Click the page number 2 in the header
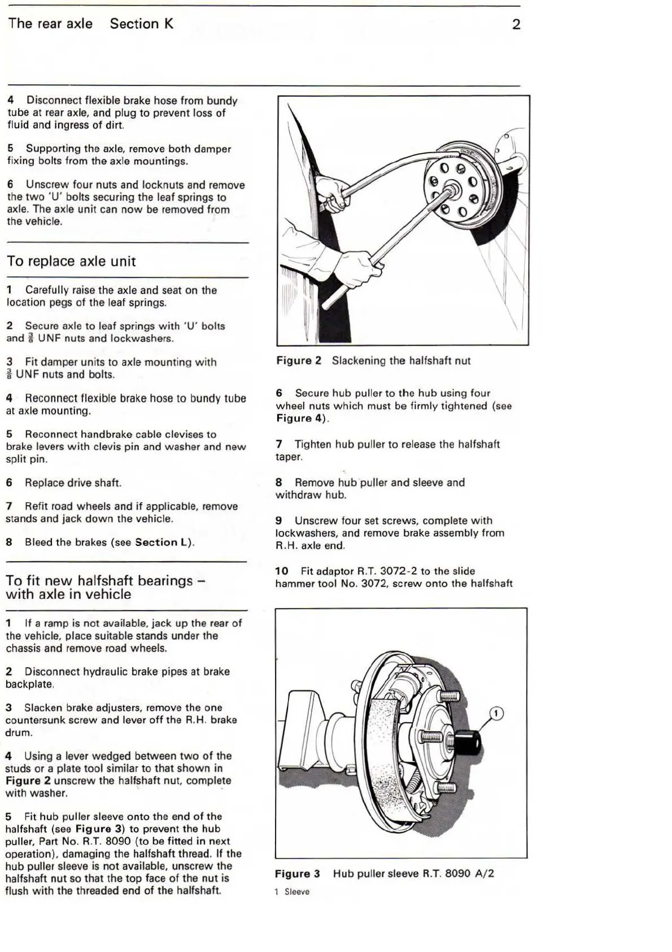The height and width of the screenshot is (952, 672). pos(516,24)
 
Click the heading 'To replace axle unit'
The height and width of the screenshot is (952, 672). pos(71,261)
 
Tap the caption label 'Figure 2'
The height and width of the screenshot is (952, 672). pos(299,360)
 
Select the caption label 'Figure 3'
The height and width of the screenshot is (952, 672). pos(297,873)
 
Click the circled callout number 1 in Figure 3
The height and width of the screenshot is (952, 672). pos(496,714)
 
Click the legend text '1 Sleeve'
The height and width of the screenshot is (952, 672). pos(292,892)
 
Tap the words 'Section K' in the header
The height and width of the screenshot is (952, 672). pos(141,24)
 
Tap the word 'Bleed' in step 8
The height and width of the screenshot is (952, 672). pos(38,542)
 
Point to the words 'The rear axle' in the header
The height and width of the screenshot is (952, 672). pos(50,24)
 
